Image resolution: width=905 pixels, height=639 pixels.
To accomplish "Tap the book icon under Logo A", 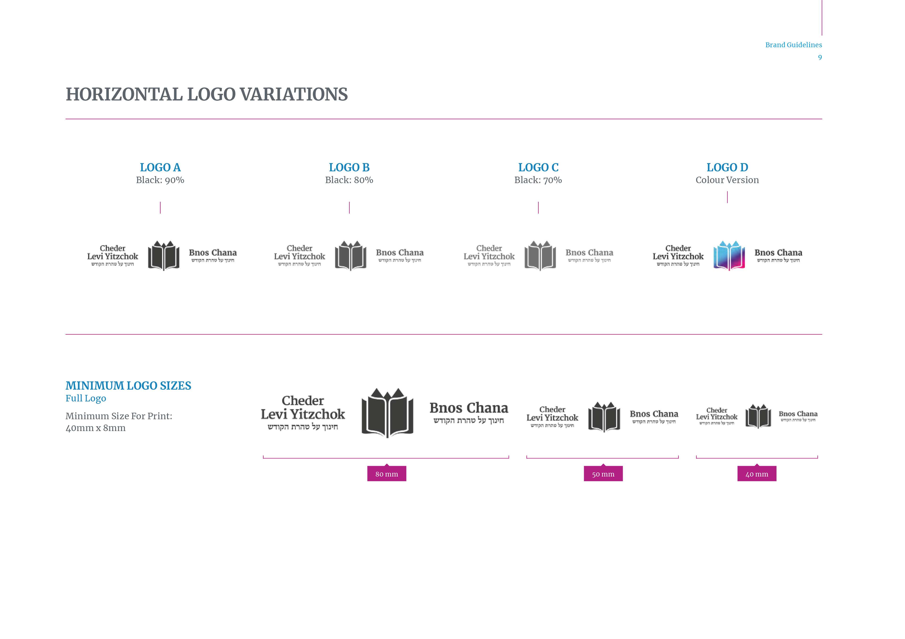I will [164, 256].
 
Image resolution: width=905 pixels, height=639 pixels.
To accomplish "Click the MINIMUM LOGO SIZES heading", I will [128, 386].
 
